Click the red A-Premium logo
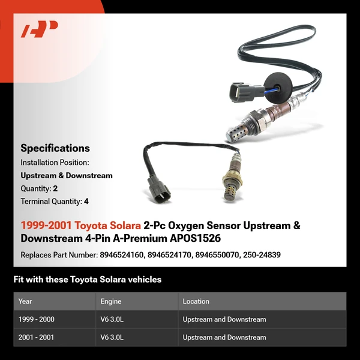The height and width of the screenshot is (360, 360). tap(40, 29)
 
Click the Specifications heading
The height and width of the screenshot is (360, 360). tap(55, 148)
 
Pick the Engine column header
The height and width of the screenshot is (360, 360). tap(111, 301)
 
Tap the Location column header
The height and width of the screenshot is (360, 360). tap(196, 301)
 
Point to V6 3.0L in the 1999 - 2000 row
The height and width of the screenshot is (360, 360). tap(112, 319)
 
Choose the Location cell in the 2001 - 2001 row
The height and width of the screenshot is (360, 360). tap(224, 337)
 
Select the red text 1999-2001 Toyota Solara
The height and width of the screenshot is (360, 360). tap(81, 226)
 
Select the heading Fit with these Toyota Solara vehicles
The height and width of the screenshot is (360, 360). tap(88, 280)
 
